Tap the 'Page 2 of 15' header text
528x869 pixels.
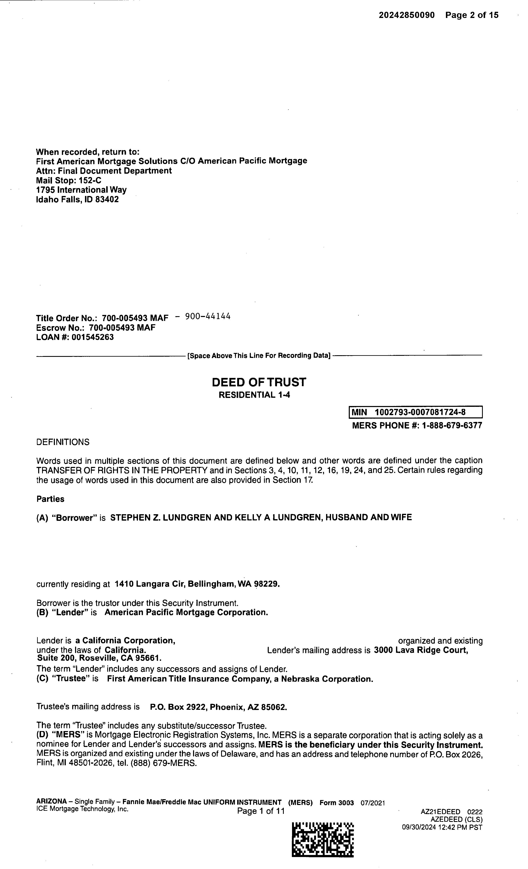tap(472, 15)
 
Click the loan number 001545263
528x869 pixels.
tap(93, 337)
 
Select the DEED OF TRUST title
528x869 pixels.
tap(259, 382)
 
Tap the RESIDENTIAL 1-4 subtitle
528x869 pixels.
tap(254, 395)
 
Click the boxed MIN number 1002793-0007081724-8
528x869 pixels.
tap(420, 412)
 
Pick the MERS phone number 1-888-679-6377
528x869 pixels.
tap(452, 425)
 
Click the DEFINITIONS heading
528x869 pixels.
tap(63, 442)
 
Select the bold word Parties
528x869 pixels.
tap(50, 499)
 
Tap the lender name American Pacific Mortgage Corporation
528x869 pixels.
tap(186, 612)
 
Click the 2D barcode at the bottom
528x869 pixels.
tap(323, 839)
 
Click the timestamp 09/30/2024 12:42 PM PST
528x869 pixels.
tap(442, 827)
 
